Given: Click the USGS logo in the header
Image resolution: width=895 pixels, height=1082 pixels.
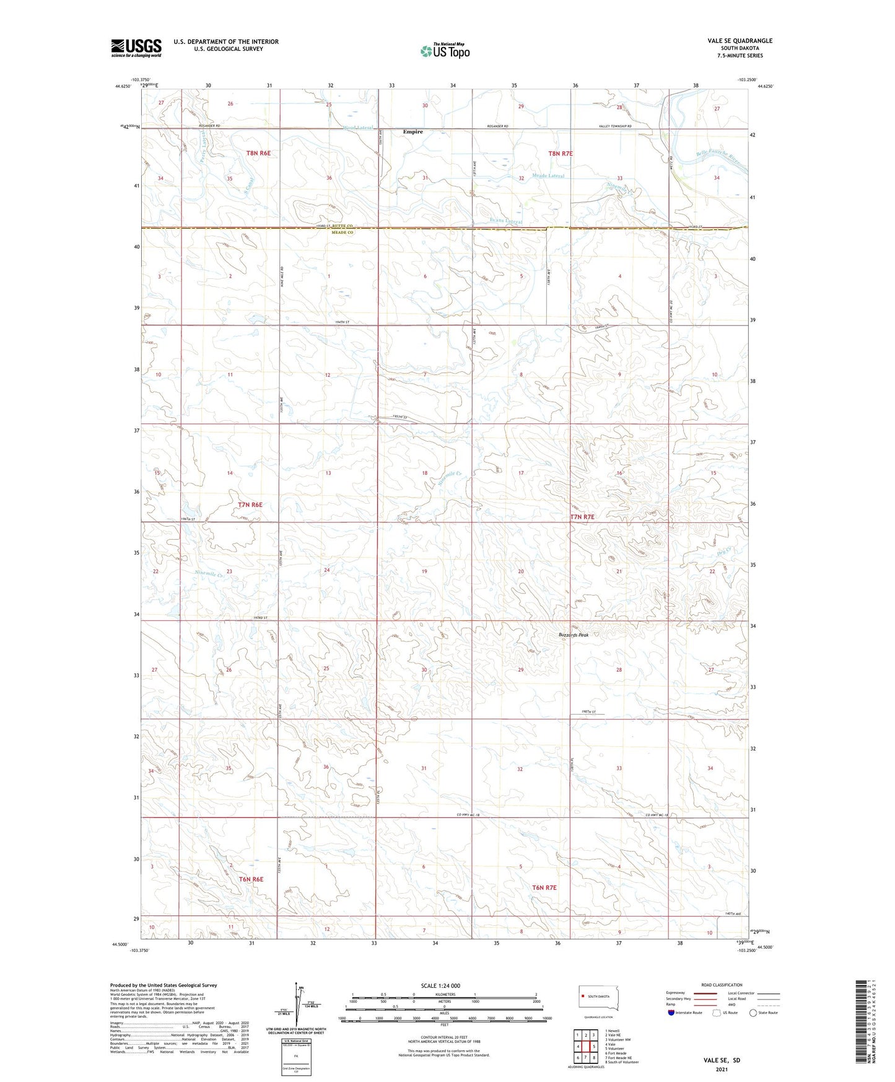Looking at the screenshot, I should (x=136, y=48).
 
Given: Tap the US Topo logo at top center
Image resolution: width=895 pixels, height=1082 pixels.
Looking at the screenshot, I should (x=444, y=51).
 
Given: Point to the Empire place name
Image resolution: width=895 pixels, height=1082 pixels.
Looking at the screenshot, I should (x=413, y=132).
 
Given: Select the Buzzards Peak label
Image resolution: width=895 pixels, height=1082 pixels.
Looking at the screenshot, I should (x=573, y=635).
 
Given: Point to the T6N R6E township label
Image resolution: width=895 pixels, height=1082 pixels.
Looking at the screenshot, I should (x=251, y=879).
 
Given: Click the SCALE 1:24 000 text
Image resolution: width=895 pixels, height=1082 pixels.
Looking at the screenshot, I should (x=440, y=986).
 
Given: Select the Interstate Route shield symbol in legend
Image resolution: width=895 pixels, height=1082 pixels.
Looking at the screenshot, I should (x=671, y=1013).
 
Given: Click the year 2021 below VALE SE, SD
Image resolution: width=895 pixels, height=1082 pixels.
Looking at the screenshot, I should (x=721, y=1070).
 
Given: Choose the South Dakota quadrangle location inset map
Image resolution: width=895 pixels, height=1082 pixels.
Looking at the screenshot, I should (x=598, y=999).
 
